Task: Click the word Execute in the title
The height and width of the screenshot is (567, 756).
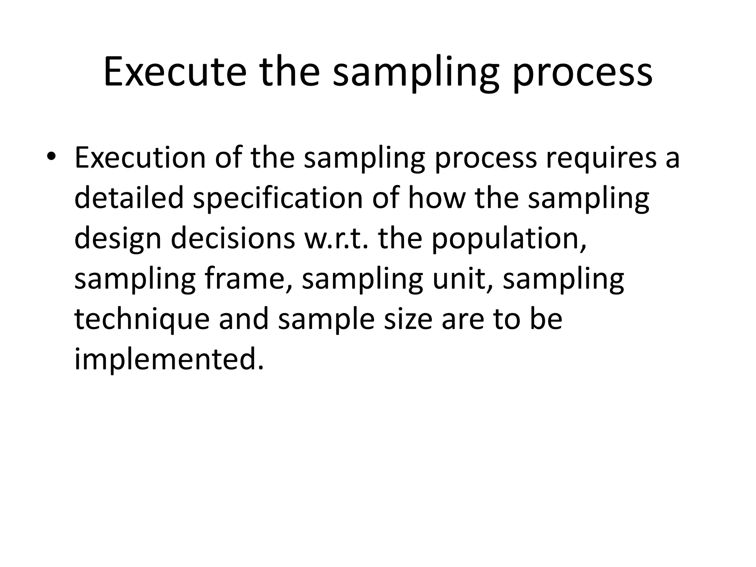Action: (x=175, y=72)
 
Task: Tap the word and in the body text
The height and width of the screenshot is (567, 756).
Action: (x=244, y=319)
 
